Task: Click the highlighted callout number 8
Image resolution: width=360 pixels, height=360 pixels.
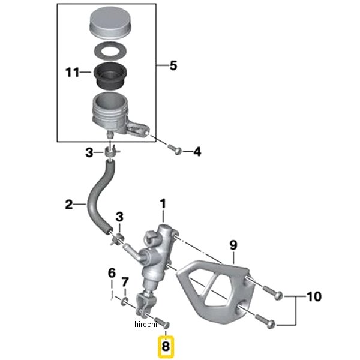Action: [x=166, y=346]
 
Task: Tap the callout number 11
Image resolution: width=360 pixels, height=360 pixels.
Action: [x=73, y=73]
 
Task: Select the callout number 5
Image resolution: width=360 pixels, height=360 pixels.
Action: [x=173, y=65]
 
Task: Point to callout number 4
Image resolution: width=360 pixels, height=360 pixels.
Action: [x=197, y=152]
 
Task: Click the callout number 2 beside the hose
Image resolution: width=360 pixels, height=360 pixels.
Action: [x=69, y=204]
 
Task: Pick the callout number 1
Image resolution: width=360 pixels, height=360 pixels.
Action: [x=163, y=204]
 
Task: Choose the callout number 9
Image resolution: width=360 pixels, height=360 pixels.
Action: [x=233, y=245]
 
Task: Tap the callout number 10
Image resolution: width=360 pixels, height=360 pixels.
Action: [x=314, y=296]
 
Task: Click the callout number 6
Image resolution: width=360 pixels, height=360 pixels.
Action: [x=112, y=274]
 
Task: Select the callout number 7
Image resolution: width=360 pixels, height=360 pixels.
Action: [x=125, y=283]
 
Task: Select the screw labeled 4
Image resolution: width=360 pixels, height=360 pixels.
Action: [x=175, y=149]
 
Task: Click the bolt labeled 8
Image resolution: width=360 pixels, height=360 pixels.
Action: [x=163, y=322]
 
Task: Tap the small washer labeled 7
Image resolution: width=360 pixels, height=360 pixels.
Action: [x=125, y=301]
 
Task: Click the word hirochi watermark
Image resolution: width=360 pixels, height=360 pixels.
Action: [x=146, y=324]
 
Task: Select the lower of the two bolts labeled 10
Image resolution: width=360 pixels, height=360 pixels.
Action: [x=265, y=321]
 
